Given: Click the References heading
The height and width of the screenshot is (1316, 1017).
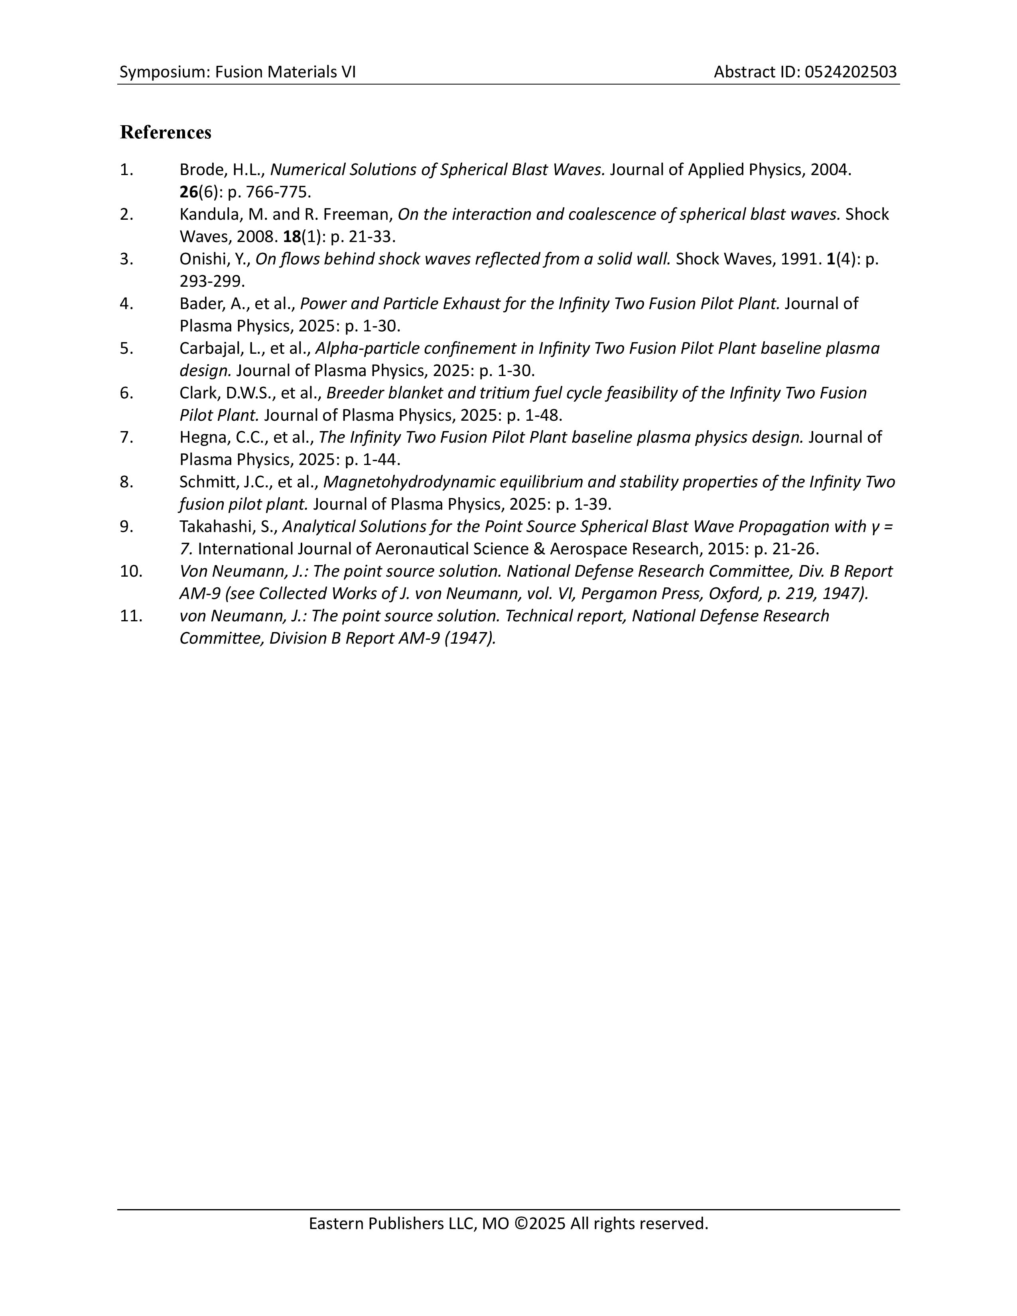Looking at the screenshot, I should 166,132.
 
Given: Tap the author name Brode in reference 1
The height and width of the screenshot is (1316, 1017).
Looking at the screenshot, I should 202,170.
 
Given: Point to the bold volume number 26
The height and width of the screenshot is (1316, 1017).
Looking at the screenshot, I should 189,192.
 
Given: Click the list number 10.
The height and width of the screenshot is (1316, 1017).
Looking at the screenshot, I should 131,571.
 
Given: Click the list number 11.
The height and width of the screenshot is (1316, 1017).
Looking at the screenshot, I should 131,616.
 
